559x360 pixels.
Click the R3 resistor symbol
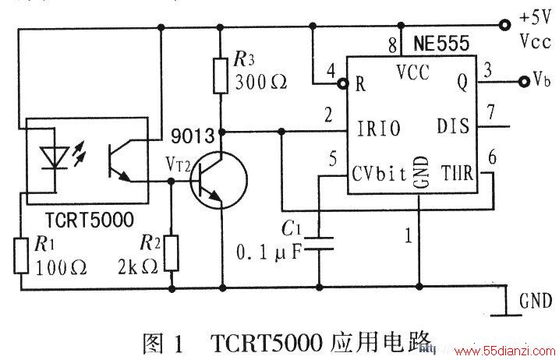[221, 76]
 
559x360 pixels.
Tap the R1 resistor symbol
[21, 256]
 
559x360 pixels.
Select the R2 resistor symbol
[172, 253]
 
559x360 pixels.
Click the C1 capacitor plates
[319, 243]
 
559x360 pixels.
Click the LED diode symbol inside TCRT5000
[55, 158]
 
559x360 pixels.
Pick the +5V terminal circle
[504, 25]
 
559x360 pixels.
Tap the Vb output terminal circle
[524, 82]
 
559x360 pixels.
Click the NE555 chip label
[441, 44]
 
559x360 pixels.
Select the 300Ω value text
[260, 83]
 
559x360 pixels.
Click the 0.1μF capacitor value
[269, 252]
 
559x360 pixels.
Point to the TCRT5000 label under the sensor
[90, 220]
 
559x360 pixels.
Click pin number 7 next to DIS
[491, 112]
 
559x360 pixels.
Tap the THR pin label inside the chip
[458, 173]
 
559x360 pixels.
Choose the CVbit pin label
[379, 174]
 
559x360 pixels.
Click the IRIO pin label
[379, 129]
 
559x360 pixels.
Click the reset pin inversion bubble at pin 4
[342, 83]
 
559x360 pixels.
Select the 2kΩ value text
[138, 266]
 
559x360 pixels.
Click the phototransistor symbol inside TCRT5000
[119, 161]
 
